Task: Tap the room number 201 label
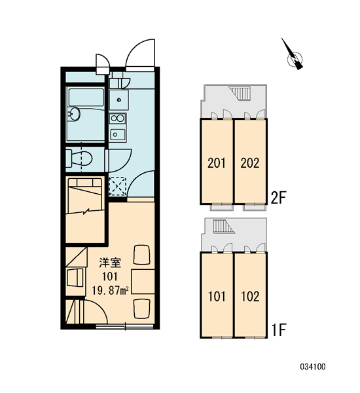pyautogui.click(x=217, y=163)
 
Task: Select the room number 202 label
pyautogui.click(x=250, y=163)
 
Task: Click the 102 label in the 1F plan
pyautogui.click(x=250, y=297)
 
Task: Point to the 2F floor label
pyautogui.click(x=278, y=198)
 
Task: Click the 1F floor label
pyautogui.click(x=279, y=330)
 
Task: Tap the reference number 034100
pyautogui.click(x=313, y=367)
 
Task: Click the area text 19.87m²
pyautogui.click(x=110, y=291)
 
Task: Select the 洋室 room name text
pyautogui.click(x=110, y=263)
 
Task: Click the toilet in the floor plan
pyautogui.click(x=79, y=159)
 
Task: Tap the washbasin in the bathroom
pyautogui.click(x=74, y=114)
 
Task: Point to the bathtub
pyautogui.click(x=86, y=97)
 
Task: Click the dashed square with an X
pyautogui.click(x=118, y=186)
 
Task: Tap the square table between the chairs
pyautogui.click(x=143, y=282)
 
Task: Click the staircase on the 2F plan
pyautogui.click(x=240, y=94)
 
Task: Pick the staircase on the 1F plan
pyautogui.click(x=224, y=226)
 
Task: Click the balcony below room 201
pyautogui.click(x=222, y=208)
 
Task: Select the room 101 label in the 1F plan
pyautogui.click(x=217, y=297)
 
